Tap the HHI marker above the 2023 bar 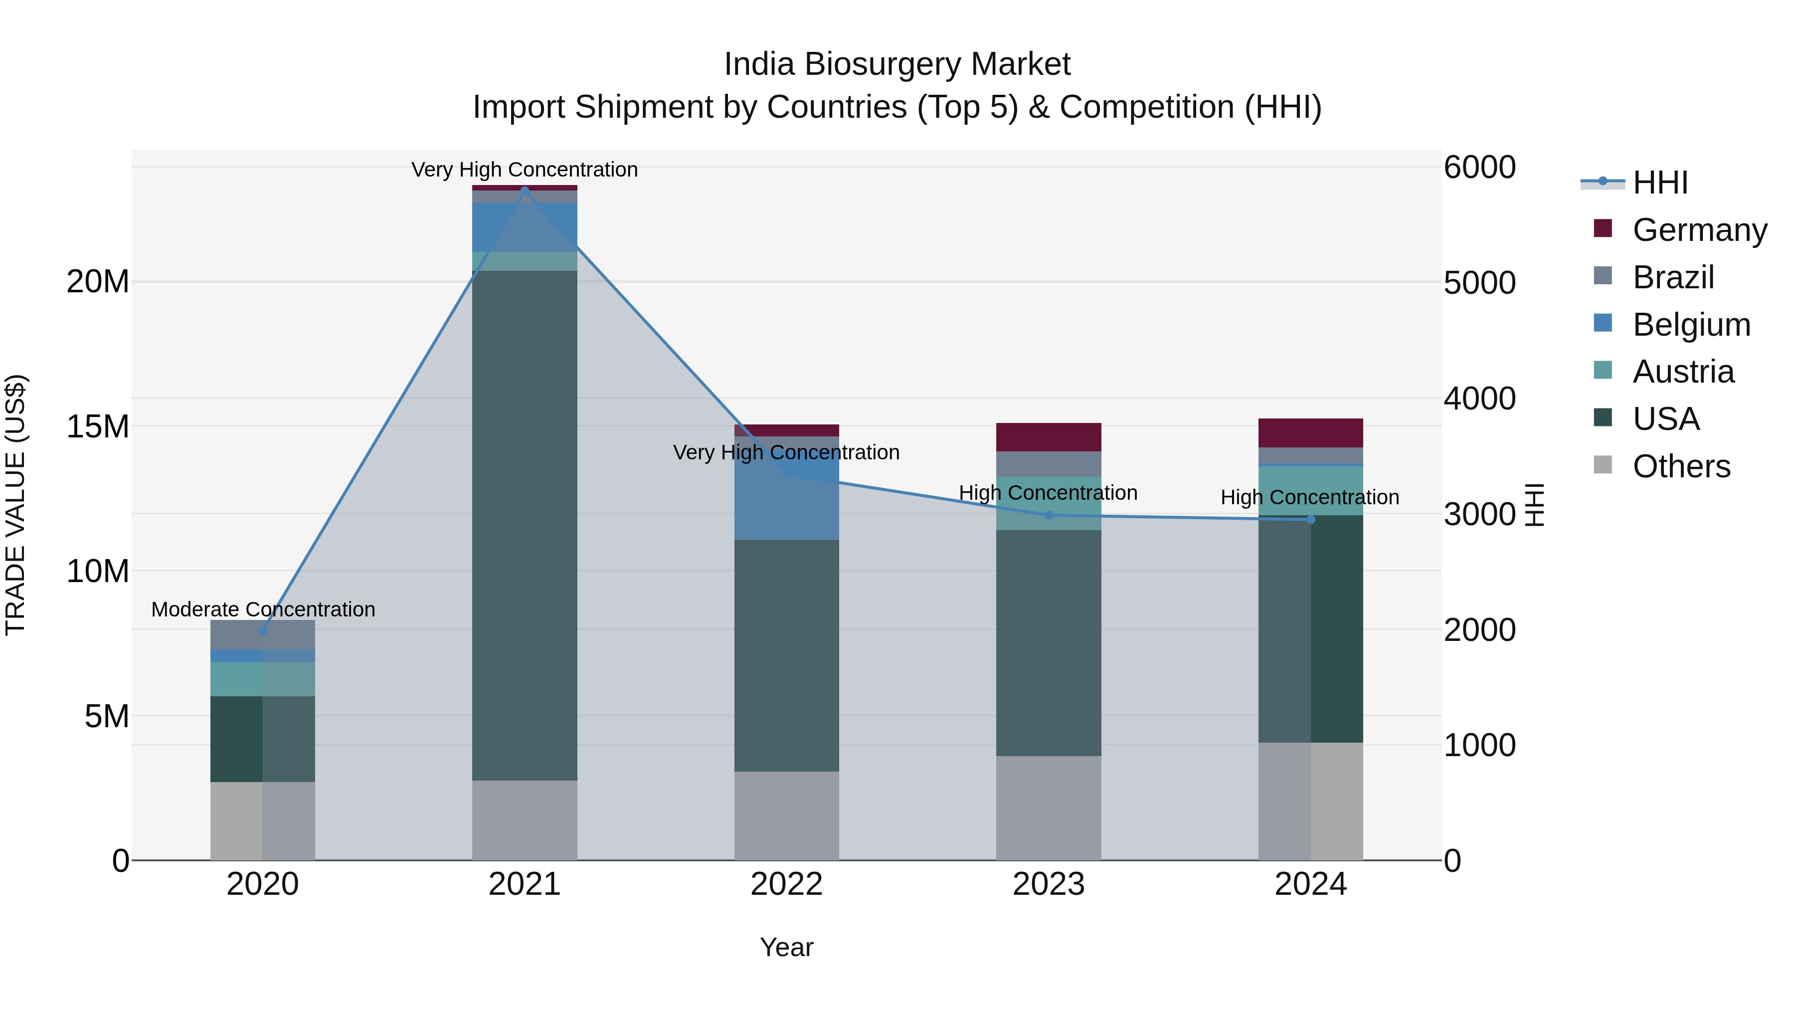[x=1049, y=515]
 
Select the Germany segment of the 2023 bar [x=1049, y=437]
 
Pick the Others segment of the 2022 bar [x=787, y=815]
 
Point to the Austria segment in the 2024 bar [x=1311, y=491]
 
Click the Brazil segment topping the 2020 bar [x=263, y=635]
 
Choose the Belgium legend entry [x=1691, y=325]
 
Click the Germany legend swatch [x=1603, y=228]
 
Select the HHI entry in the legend [x=1660, y=183]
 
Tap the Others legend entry [x=1681, y=466]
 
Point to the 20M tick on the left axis [x=98, y=282]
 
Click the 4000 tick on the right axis [x=1479, y=399]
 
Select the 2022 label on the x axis [x=787, y=884]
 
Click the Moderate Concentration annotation [x=263, y=609]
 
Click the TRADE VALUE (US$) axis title [x=15, y=505]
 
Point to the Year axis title [x=787, y=947]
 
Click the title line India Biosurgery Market [x=897, y=64]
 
